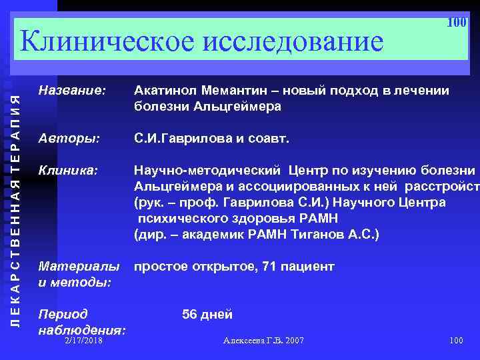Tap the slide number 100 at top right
pyautogui.click(x=456, y=23)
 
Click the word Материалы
pyautogui.click(x=80, y=267)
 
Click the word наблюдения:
pyautogui.click(x=83, y=329)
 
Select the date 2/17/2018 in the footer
pyautogui.click(x=84, y=341)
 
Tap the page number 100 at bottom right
pyautogui.click(x=456, y=341)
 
